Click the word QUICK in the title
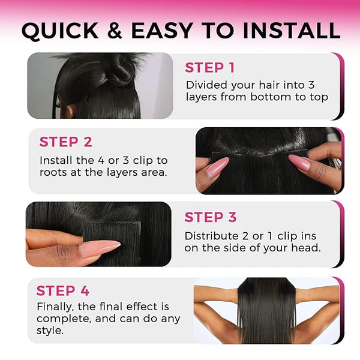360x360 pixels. coord(60,31)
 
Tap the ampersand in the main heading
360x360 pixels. coord(115,31)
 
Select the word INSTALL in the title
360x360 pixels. coord(292,31)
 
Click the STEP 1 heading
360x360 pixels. coord(209,68)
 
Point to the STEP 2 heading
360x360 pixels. coord(65,142)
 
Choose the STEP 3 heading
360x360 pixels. coord(211,217)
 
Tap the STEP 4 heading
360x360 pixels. coord(62,290)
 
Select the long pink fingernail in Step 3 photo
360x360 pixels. coord(99,248)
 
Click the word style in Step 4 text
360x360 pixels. coord(50,331)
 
